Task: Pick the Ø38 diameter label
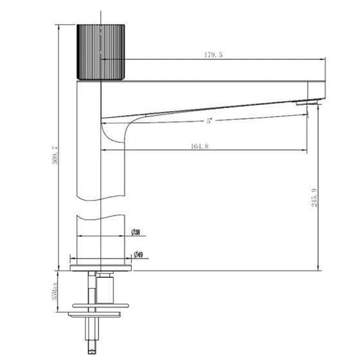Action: (135, 233)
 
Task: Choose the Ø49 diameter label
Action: (138, 255)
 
